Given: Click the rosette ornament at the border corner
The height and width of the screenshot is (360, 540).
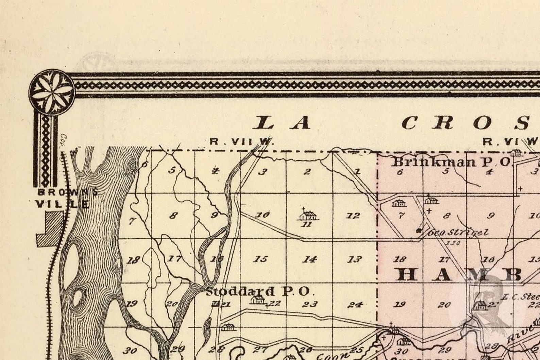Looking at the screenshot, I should click(x=51, y=89).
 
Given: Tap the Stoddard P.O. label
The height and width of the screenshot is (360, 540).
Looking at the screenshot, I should click(x=258, y=291).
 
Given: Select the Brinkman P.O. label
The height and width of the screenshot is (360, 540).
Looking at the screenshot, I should click(x=452, y=162).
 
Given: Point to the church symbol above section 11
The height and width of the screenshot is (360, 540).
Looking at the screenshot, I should click(x=308, y=215).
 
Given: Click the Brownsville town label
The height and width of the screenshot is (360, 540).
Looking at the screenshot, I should click(x=65, y=198).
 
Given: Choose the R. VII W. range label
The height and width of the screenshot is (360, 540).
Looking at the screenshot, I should click(x=241, y=141).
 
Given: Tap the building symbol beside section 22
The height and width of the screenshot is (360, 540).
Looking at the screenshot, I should click(x=257, y=299).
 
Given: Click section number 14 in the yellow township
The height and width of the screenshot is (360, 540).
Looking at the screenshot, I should click(x=309, y=259).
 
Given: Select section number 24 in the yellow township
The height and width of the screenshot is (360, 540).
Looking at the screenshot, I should click(x=355, y=304).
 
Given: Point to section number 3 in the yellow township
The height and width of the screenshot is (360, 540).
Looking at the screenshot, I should click(x=262, y=172).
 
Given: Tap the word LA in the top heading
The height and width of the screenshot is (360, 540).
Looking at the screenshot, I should click(x=282, y=123).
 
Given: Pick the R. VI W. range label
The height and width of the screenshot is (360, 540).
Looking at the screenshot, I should click(x=510, y=141).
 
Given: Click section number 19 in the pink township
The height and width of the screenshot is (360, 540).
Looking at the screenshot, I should click(x=400, y=304).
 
